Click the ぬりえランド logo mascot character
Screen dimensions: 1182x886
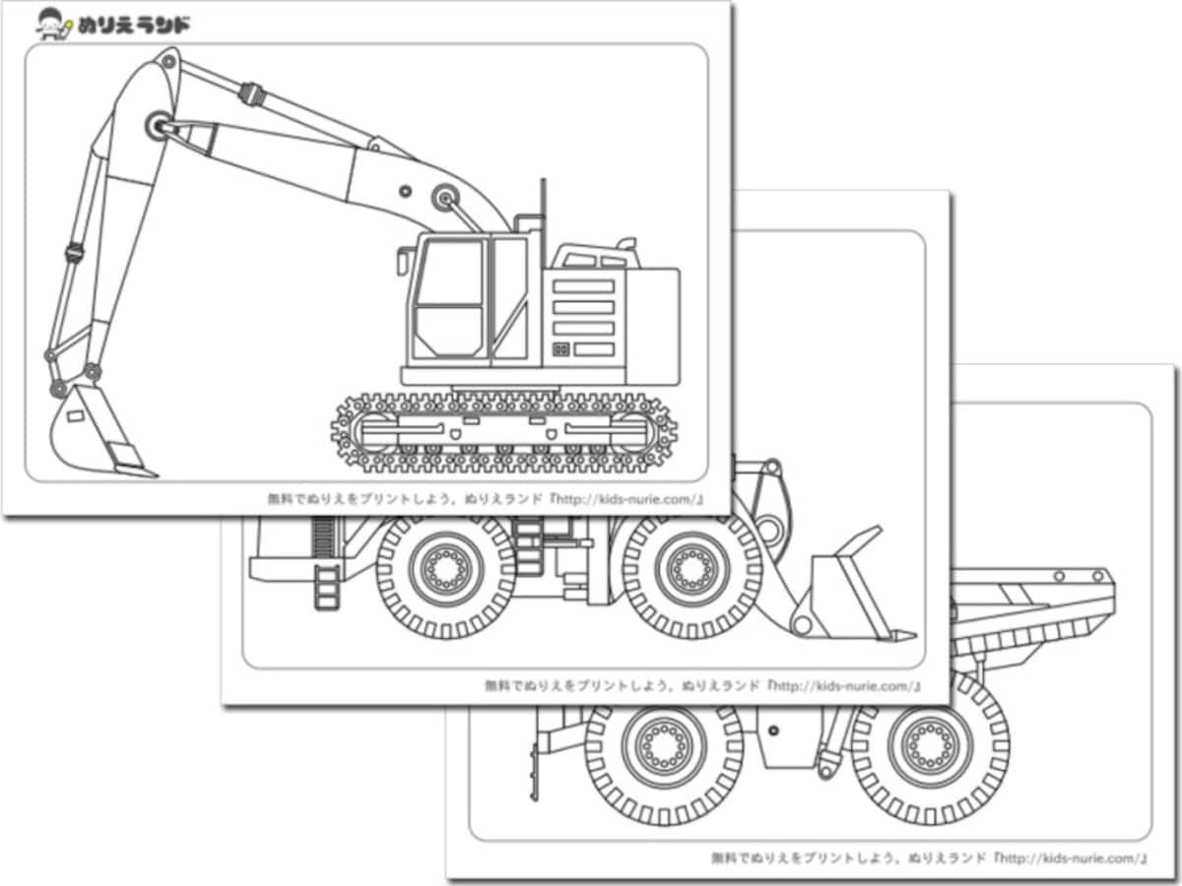pyautogui.click(x=53, y=25)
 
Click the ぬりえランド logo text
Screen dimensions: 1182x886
pyautogui.click(x=133, y=26)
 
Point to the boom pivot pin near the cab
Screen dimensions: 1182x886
pyautogui.click(x=445, y=199)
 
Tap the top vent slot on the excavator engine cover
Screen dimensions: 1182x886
pyautogui.click(x=584, y=286)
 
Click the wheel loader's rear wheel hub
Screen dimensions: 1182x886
pyautogui.click(x=446, y=569)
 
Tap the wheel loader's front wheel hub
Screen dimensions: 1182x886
pyautogui.click(x=692, y=569)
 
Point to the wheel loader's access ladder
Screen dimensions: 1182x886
pyautogui.click(x=327, y=587)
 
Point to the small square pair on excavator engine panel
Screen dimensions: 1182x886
pyautogui.click(x=561, y=349)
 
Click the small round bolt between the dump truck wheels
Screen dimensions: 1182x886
pyautogui.click(x=773, y=730)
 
